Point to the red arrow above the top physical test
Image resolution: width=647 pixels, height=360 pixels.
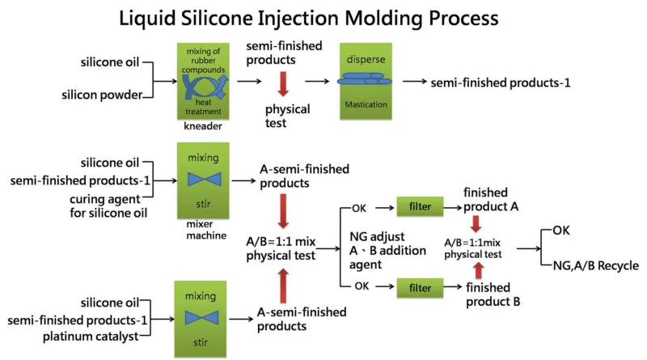(x=282, y=86)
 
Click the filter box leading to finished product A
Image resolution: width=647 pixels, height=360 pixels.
(x=418, y=208)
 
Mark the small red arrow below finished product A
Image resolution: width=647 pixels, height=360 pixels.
(x=477, y=224)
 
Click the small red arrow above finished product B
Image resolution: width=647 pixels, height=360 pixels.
(x=477, y=269)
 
